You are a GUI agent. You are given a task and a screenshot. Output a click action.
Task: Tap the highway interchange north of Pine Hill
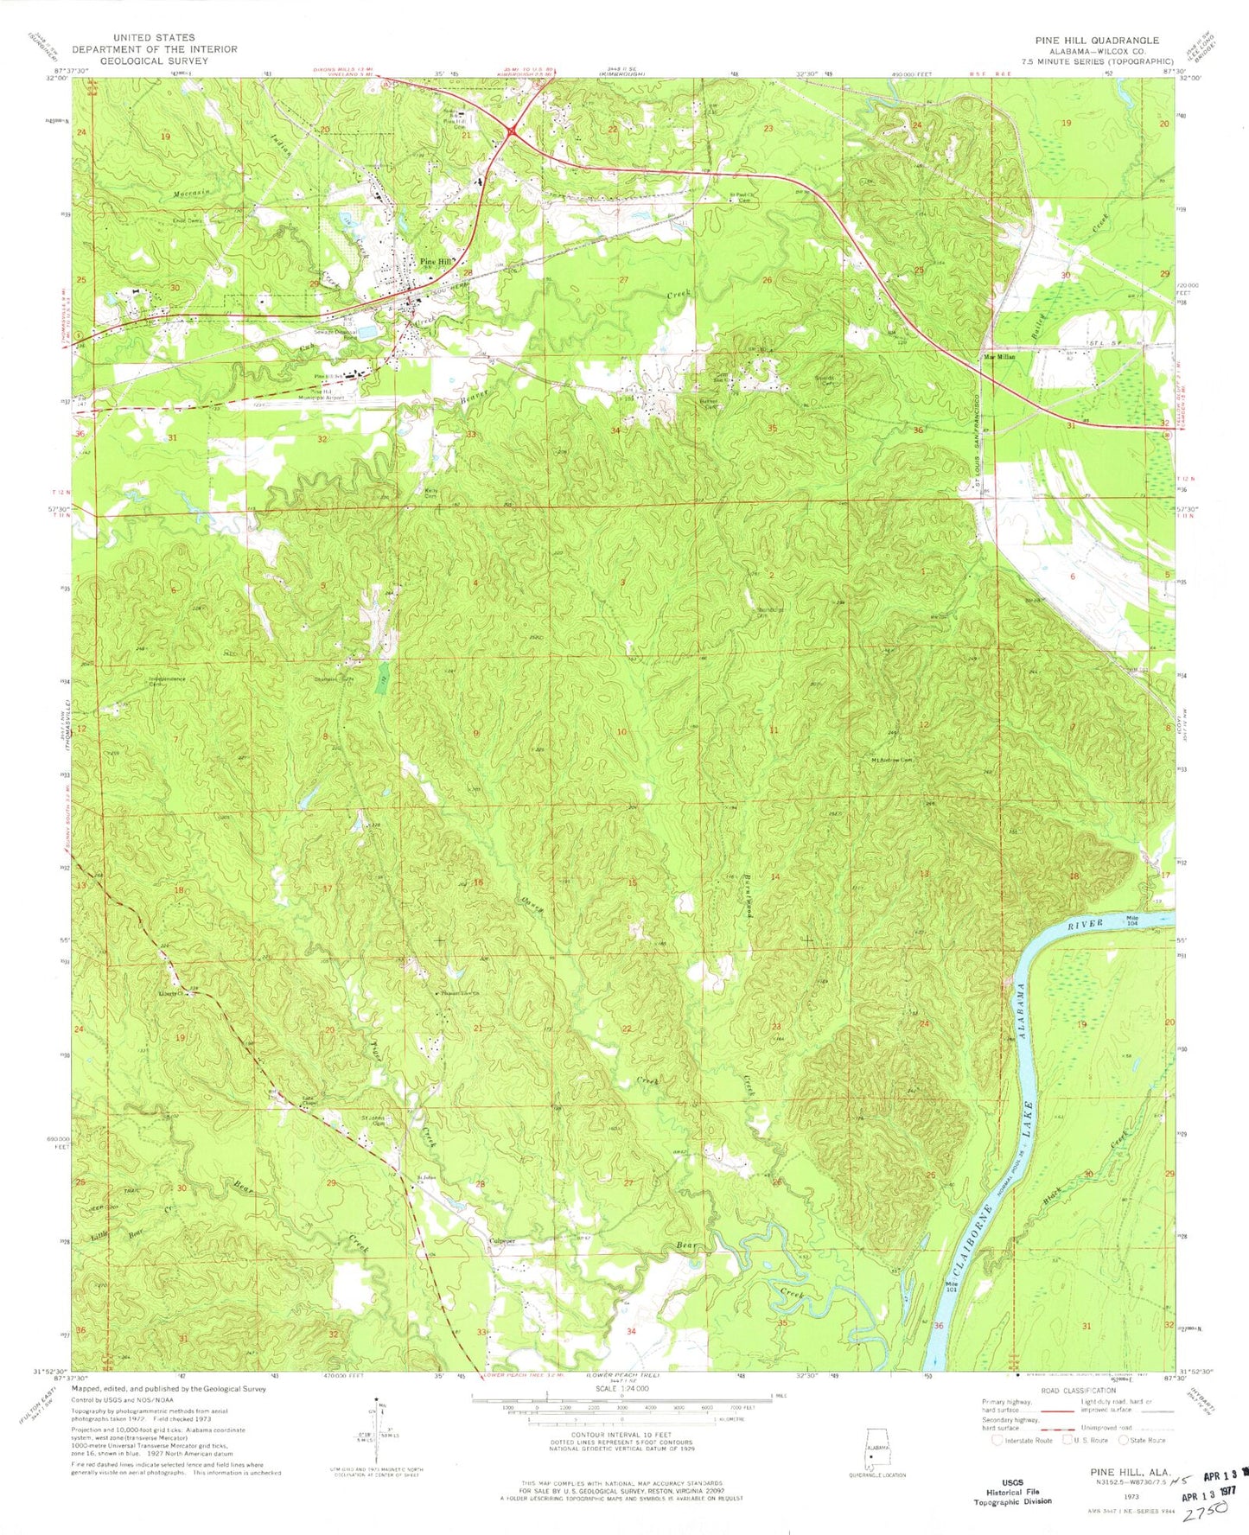click(513, 131)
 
